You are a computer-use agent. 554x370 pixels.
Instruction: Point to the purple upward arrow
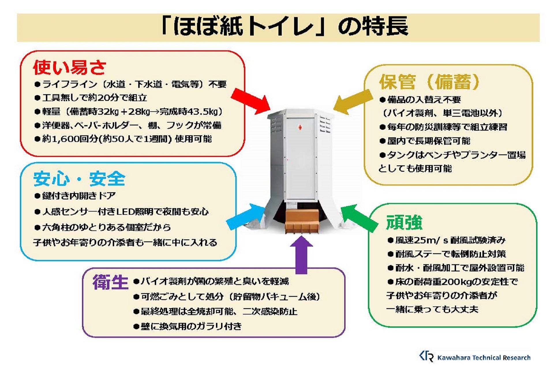point(301,254)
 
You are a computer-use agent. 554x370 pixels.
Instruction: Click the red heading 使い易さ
point(70,67)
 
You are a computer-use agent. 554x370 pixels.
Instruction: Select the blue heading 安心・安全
point(79,179)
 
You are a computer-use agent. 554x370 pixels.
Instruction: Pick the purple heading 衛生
point(111,282)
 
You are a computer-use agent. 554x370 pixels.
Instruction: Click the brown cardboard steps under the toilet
point(302,221)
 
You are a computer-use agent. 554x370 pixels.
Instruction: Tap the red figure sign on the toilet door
point(300,127)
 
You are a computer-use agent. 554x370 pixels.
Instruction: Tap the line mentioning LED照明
point(121,212)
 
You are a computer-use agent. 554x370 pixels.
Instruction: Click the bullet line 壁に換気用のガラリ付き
point(188,326)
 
